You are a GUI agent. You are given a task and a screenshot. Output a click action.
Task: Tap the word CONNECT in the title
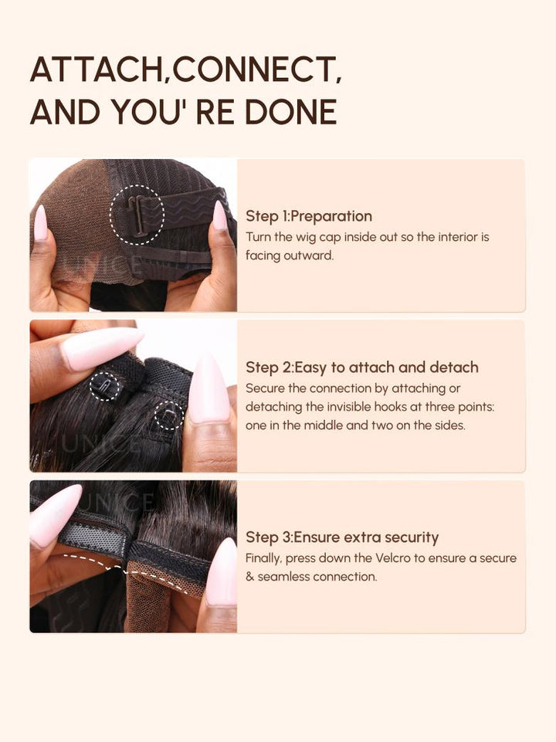[x=253, y=69]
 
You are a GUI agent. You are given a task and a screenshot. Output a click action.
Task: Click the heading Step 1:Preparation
[x=309, y=216]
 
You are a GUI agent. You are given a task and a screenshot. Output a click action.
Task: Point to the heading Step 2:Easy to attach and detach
[x=362, y=368]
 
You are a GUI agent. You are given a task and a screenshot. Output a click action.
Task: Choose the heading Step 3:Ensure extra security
[x=342, y=537]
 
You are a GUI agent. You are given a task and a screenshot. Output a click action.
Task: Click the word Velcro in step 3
[x=393, y=558]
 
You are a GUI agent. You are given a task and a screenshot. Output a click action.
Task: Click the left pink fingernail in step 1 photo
[x=40, y=222]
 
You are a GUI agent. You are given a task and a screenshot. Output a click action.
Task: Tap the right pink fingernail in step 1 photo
[x=220, y=215]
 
